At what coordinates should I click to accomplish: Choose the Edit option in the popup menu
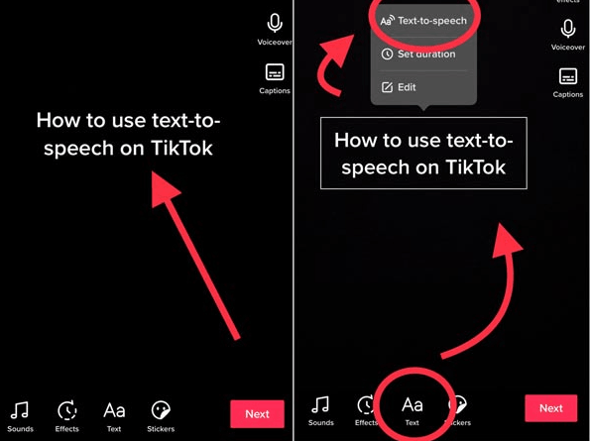click(x=407, y=87)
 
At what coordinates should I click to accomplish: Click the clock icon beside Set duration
click(x=388, y=55)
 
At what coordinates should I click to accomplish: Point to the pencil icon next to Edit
click(x=387, y=87)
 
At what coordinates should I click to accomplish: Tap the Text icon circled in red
click(x=412, y=406)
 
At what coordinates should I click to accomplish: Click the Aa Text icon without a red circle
click(x=114, y=410)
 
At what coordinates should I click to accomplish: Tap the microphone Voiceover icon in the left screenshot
click(x=275, y=25)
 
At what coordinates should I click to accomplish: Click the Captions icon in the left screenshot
click(x=275, y=73)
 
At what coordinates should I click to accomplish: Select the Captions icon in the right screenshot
click(x=568, y=77)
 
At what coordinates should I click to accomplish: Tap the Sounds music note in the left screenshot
click(x=20, y=410)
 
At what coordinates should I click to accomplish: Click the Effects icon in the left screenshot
click(x=67, y=410)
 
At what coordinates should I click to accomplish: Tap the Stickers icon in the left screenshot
click(x=161, y=410)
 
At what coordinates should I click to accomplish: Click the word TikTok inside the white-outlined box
click(x=476, y=168)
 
